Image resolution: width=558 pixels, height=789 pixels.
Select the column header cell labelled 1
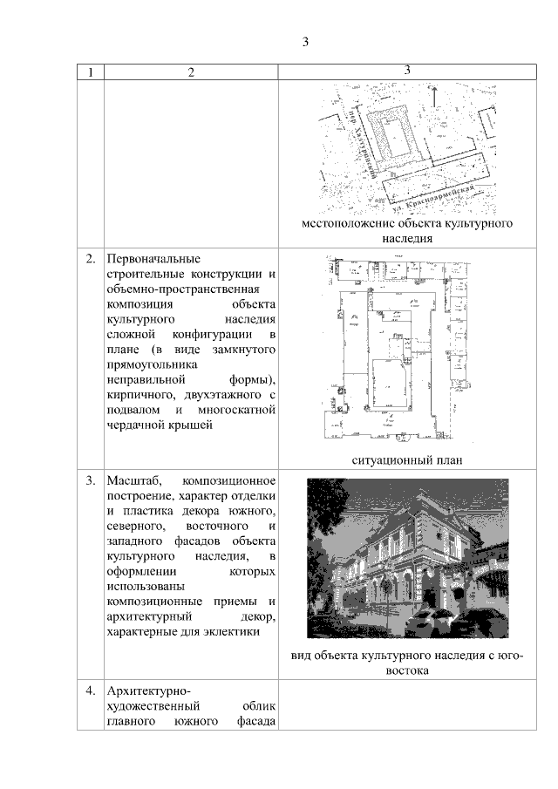pyautogui.click(x=89, y=72)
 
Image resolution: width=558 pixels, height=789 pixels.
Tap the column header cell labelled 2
pyautogui.click(x=190, y=72)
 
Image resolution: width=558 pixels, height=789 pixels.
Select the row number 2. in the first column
pyautogui.click(x=91, y=259)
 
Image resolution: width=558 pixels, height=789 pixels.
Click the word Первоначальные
pyautogui.click(x=153, y=259)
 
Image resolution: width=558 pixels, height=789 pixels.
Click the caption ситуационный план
pyautogui.click(x=405, y=459)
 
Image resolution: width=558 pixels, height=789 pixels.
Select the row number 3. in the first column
pyautogui.click(x=91, y=480)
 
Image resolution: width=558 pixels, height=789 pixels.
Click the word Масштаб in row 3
pyautogui.click(x=131, y=480)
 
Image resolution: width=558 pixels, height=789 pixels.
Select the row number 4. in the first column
pyautogui.click(x=91, y=690)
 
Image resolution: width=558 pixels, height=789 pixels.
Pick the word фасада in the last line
pyautogui.click(x=256, y=722)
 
